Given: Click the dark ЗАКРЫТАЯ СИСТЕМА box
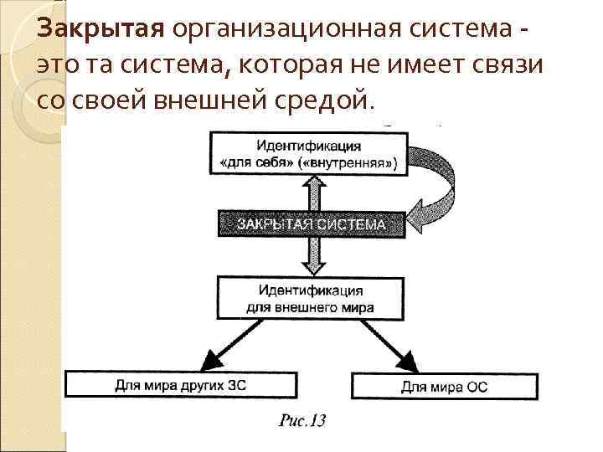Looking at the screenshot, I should click(x=311, y=224).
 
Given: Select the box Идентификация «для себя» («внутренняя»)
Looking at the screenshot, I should click(x=310, y=152).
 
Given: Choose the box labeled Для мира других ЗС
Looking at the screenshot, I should click(x=181, y=385).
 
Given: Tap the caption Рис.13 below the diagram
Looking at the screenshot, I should click(x=302, y=420).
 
